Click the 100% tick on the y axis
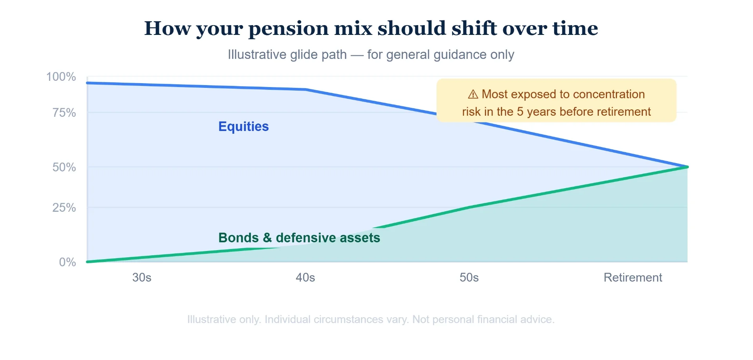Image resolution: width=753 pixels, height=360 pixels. tap(61, 76)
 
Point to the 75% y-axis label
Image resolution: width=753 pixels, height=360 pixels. tap(64, 113)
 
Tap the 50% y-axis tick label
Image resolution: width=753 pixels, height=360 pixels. tap(64, 167)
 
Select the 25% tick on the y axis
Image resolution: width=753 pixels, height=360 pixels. tap(64, 207)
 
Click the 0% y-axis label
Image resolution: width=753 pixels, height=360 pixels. tap(67, 262)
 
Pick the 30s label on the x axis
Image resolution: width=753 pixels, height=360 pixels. tap(142, 278)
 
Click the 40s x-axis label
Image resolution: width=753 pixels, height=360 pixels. tap(306, 278)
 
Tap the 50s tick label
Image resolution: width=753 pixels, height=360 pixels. tap(469, 278)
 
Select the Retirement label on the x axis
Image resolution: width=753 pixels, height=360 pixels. tap(633, 278)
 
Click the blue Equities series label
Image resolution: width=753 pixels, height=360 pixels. tap(244, 126)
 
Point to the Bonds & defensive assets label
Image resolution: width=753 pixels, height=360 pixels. tap(299, 238)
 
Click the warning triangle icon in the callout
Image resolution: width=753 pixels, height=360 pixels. tap(473, 94)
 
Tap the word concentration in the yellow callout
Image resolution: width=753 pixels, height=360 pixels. tap(609, 94)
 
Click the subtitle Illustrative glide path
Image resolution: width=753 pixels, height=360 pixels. tap(287, 55)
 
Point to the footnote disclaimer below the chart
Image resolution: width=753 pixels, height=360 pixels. tap(371, 319)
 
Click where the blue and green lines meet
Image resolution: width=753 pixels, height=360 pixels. tap(687, 167)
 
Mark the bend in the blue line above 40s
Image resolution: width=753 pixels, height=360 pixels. tap(306, 89)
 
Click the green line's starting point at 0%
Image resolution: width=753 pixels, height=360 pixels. tap(87, 262)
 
